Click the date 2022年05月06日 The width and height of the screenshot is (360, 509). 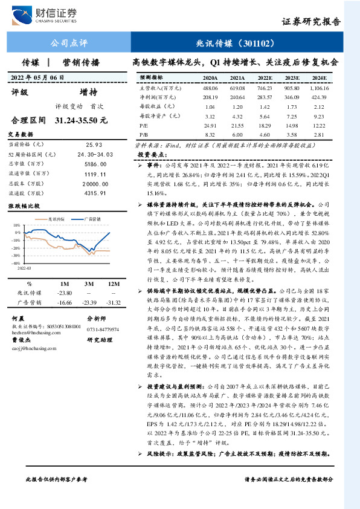tap(37, 78)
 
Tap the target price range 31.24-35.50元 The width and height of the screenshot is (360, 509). tap(81, 120)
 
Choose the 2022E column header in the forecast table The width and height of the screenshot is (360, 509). tap(265, 79)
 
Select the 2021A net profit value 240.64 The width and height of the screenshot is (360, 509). tap(237, 97)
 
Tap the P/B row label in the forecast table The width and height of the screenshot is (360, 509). tap(144, 135)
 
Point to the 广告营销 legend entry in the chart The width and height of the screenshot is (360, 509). tap(92, 218)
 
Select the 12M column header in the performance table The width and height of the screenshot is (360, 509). tap(111, 284)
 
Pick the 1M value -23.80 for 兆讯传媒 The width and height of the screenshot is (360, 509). tap(64, 293)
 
